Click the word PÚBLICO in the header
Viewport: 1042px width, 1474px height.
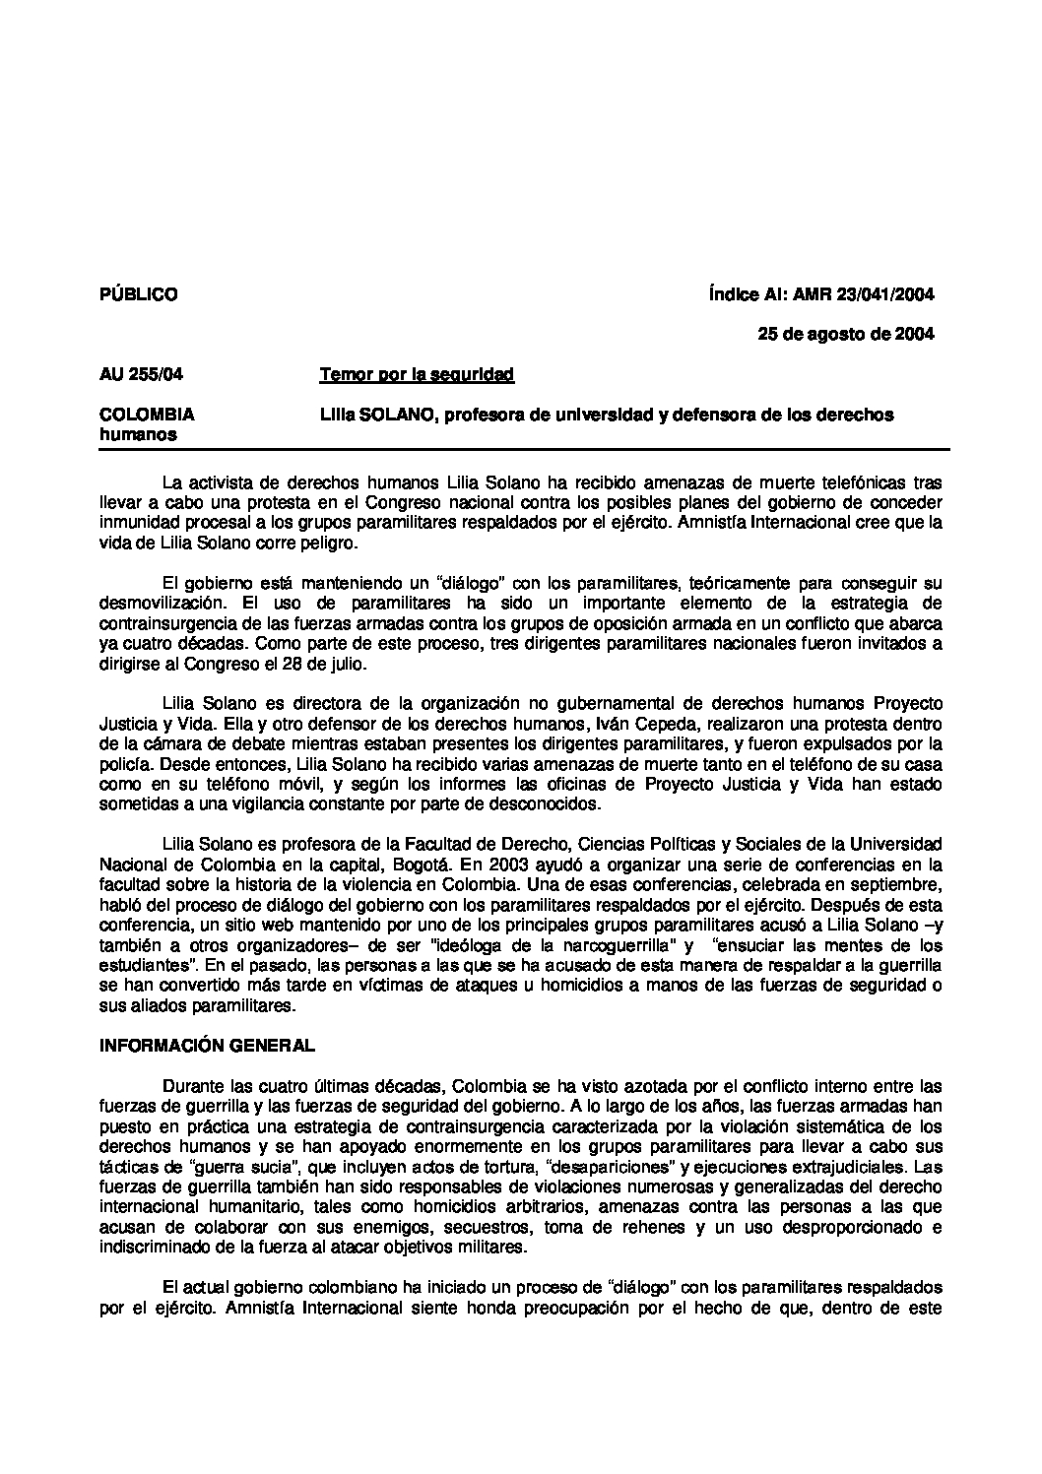[139, 294]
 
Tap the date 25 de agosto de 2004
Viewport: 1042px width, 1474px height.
[845, 334]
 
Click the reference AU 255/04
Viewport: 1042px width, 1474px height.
[141, 374]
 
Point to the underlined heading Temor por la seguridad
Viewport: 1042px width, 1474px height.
[417, 374]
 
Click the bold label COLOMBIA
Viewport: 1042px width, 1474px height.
[147, 415]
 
